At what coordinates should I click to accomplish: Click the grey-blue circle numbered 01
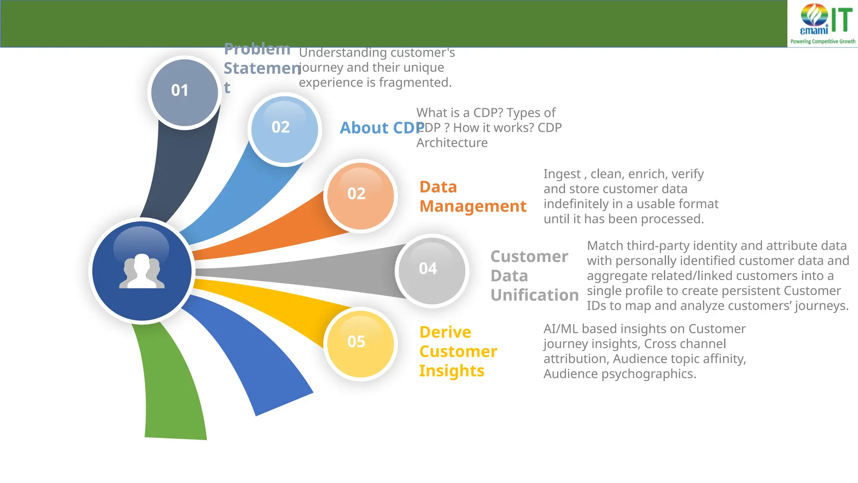click(x=184, y=92)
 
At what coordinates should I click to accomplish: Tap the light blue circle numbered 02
click(x=284, y=129)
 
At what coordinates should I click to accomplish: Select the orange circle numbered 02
click(x=360, y=196)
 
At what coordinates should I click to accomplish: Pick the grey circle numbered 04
click(x=432, y=270)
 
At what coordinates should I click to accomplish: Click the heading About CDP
click(x=381, y=128)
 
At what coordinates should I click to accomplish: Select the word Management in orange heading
click(x=473, y=206)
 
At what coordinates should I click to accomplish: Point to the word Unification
click(x=535, y=295)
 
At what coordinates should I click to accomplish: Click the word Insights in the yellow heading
click(x=452, y=371)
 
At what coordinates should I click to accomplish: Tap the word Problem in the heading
click(x=257, y=49)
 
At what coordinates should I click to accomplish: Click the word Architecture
click(x=452, y=143)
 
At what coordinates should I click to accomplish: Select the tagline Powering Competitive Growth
click(x=822, y=42)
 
